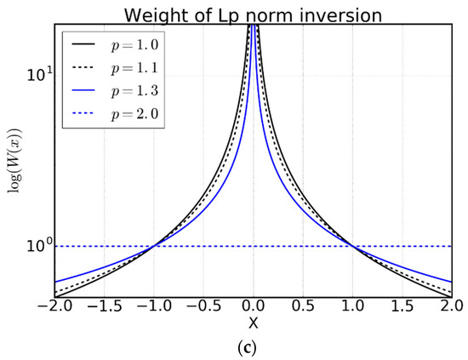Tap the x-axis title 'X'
tap(254, 323)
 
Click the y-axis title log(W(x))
tap(15, 162)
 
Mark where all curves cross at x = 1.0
tap(354, 247)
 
